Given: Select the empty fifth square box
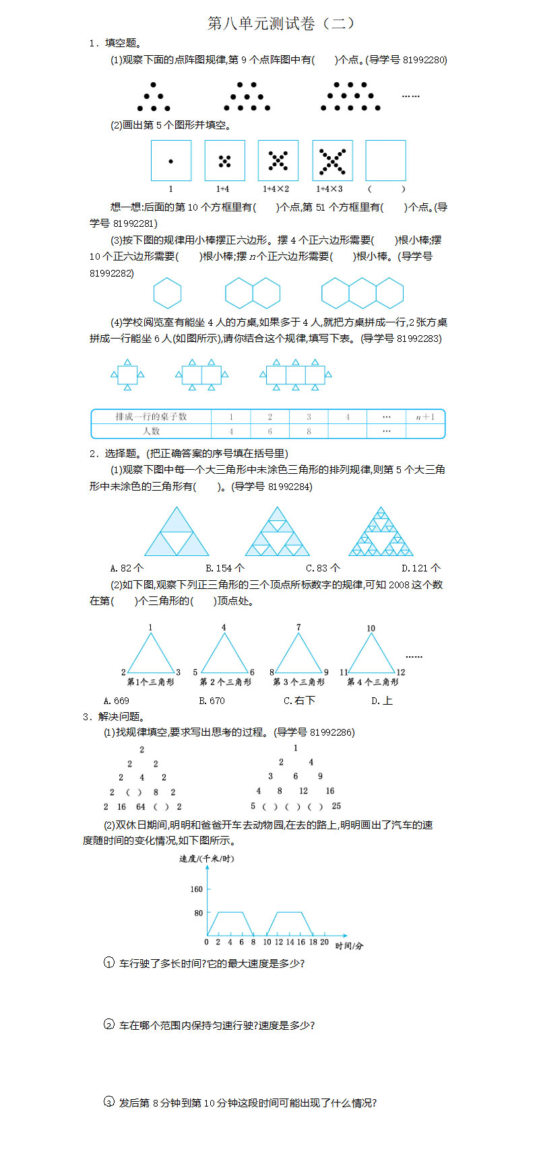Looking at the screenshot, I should [385, 160].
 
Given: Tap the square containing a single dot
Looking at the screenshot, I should [170, 160].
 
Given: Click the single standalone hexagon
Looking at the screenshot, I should [168, 293].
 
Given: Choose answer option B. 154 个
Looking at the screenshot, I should [225, 568].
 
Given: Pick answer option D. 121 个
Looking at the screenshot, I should [421, 568].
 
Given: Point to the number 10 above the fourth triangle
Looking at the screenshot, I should [371, 629].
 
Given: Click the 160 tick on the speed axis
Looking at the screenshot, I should [196, 889].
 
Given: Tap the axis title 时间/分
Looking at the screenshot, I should [350, 946].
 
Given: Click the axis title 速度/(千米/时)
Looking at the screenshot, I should [207, 859].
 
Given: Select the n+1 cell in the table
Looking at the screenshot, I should [425, 417].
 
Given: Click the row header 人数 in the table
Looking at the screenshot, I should [151, 431].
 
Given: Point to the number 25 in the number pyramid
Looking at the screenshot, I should [336, 806].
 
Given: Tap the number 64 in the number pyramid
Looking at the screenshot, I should [141, 807].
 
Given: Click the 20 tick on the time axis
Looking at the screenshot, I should [324, 942].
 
